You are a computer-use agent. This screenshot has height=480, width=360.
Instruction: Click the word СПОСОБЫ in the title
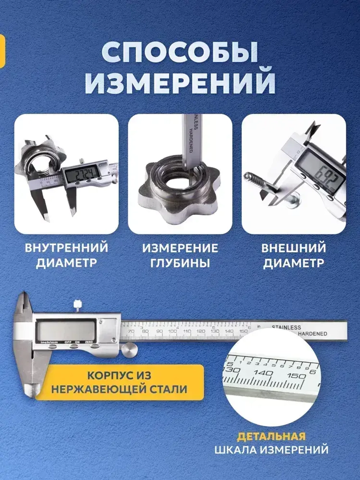click(x=180, y=53)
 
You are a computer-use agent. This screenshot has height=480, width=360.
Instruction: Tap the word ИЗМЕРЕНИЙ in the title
click(x=180, y=82)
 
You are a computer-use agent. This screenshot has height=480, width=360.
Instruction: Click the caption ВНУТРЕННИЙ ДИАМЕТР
click(x=67, y=255)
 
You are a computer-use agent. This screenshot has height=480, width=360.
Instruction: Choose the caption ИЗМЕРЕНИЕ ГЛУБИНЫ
click(x=180, y=255)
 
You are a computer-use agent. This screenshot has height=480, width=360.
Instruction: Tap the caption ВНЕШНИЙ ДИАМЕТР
click(x=293, y=255)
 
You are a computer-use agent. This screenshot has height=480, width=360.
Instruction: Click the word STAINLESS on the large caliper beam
click(x=286, y=327)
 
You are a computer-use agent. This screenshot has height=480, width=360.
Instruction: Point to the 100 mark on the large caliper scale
click(x=172, y=331)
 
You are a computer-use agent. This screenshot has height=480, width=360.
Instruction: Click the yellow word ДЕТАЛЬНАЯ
click(x=271, y=437)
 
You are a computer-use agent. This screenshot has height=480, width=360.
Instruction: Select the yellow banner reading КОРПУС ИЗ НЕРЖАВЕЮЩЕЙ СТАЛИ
click(x=119, y=382)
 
